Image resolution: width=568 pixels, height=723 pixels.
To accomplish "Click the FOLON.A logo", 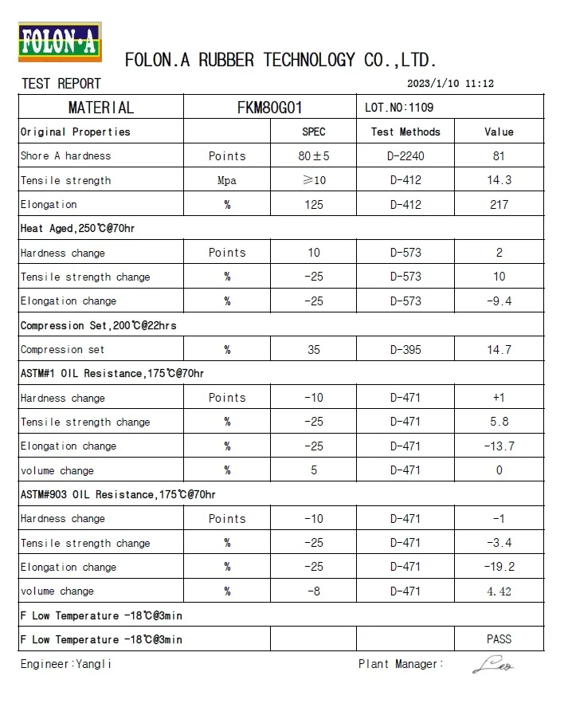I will (x=60, y=41).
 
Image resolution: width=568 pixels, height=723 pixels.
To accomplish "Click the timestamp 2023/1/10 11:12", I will (x=451, y=84).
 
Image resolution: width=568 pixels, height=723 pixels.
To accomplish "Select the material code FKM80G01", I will (x=270, y=108).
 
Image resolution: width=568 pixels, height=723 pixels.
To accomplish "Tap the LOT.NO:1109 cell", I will (x=399, y=108).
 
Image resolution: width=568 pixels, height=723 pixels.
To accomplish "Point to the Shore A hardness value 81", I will (x=499, y=156).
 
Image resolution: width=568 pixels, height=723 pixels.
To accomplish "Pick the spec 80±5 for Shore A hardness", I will (x=314, y=156).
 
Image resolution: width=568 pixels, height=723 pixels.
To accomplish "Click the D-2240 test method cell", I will (x=405, y=156).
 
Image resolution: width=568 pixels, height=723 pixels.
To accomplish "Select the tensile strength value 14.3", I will (x=499, y=180).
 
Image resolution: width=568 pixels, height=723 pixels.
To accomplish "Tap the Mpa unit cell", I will (x=227, y=180).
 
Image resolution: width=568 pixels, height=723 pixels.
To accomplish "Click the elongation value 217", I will (x=499, y=205).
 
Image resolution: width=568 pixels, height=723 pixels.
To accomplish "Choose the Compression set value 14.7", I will (x=499, y=349).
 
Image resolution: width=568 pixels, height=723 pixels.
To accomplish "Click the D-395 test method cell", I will (x=405, y=349).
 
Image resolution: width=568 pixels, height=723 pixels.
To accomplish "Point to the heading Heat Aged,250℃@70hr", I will (x=77, y=229).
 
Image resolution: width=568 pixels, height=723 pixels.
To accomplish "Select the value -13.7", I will (x=499, y=446).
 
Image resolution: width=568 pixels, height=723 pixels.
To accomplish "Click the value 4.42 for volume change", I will (x=499, y=591).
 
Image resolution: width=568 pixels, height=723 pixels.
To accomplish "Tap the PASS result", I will (x=499, y=639).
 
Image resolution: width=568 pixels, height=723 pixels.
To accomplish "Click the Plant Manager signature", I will (x=493, y=664).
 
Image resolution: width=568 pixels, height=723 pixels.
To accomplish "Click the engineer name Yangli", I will (x=93, y=664).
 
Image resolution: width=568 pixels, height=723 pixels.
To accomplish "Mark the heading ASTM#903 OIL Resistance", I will (x=118, y=494).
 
